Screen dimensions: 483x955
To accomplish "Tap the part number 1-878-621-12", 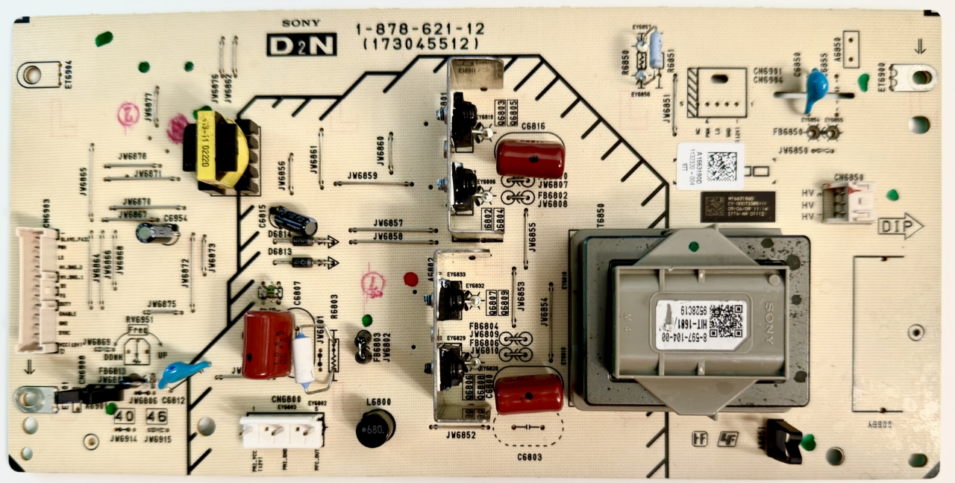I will tap(420, 30).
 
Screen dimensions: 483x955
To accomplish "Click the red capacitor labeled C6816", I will tap(530, 157).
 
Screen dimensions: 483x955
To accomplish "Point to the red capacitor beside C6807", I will tap(268, 344).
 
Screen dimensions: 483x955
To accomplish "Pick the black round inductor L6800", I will tap(375, 428).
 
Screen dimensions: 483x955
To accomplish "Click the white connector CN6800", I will tap(281, 431).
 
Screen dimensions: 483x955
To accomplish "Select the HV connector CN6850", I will tap(848, 202).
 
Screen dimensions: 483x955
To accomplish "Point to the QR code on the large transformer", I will tap(724, 320).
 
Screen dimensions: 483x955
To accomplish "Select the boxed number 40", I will tap(124, 416).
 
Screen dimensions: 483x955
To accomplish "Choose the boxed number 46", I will tap(157, 416).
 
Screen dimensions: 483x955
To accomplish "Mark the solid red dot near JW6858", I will tap(410, 280).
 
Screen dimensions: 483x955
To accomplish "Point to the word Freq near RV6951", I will tap(137, 329).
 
